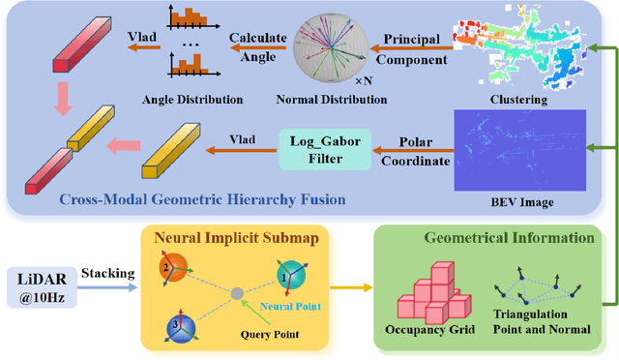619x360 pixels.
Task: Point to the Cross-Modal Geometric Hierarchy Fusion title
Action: pos(202,199)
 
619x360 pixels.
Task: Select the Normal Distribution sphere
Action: pos(334,48)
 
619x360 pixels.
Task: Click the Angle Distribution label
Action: pos(191,98)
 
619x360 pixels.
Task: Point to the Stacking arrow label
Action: pos(106,274)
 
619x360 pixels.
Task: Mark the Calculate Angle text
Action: pos(255,45)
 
